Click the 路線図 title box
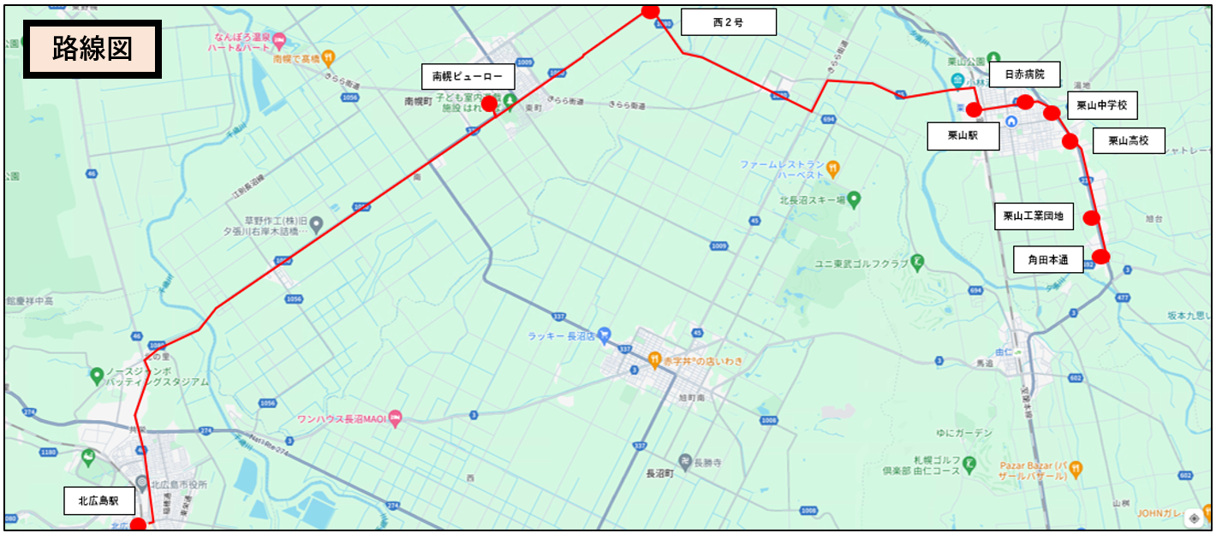click(92, 50)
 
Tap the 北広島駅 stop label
click(99, 501)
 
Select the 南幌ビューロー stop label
click(468, 76)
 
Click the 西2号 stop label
click(728, 22)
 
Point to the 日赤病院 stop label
click(1023, 74)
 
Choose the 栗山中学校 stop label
click(1101, 105)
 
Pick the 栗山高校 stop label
click(1129, 140)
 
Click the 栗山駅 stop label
click(963, 136)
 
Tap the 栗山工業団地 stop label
click(1033, 216)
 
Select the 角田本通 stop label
click(1048, 259)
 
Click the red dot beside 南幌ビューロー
click(489, 104)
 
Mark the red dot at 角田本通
click(1101, 256)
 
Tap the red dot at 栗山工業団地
click(1091, 217)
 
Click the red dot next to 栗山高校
click(1070, 141)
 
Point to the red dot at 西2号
click(650, 11)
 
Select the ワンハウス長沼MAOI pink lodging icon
click(395, 418)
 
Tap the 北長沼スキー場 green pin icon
click(854, 199)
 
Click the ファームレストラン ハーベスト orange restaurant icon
click(833, 168)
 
